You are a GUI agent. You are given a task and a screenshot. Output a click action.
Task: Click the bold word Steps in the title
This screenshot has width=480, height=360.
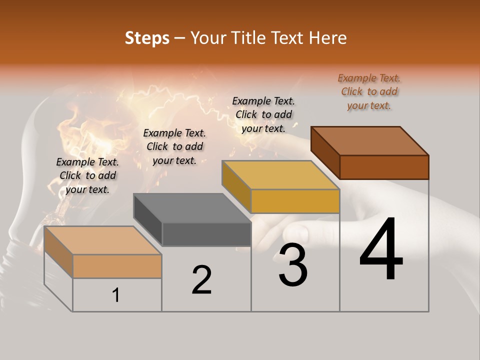(x=147, y=38)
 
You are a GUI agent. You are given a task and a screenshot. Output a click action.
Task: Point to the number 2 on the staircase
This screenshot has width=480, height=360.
(x=201, y=280)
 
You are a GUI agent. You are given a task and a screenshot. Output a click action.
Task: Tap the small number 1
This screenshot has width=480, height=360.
(x=116, y=295)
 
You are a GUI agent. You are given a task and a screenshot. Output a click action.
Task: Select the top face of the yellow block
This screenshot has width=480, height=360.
(x=280, y=175)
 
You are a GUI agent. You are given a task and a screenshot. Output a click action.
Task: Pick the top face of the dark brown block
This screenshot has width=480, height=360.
(x=369, y=140)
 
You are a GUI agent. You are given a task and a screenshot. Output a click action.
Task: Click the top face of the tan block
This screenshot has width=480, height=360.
(x=102, y=240)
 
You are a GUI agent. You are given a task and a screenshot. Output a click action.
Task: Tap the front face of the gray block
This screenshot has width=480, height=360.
(x=206, y=234)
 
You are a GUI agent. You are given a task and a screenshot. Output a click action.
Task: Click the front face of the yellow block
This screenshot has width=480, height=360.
(x=295, y=201)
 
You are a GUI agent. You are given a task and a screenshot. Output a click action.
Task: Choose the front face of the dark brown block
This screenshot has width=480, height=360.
(x=384, y=167)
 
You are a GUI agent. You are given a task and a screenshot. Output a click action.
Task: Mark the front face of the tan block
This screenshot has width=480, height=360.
(x=117, y=266)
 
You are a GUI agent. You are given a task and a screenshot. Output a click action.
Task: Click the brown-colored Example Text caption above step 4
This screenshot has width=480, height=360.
(x=369, y=92)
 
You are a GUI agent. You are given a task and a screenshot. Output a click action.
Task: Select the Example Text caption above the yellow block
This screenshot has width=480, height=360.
(x=263, y=114)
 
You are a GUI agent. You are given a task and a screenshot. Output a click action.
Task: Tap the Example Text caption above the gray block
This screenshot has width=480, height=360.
(x=174, y=146)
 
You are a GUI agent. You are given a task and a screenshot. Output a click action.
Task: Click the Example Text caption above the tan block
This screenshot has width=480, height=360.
(x=87, y=175)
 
